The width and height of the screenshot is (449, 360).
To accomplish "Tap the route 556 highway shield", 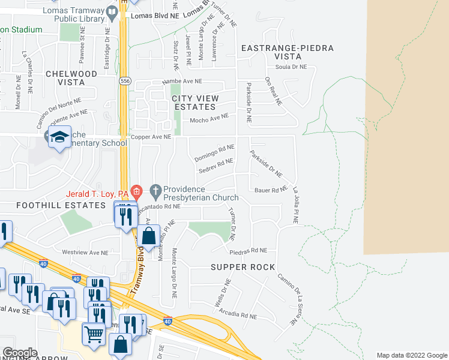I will click(x=124, y=80).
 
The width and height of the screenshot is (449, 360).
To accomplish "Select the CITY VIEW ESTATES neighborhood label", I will click(x=194, y=102).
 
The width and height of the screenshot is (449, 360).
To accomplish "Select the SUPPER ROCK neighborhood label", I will click(x=243, y=266).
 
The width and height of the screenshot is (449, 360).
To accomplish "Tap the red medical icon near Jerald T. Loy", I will click(x=136, y=193).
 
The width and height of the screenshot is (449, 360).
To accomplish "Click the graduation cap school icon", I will click(x=60, y=137).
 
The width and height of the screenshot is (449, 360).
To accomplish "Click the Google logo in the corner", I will click(x=20, y=353).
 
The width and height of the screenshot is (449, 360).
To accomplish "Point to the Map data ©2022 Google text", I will click(x=411, y=355).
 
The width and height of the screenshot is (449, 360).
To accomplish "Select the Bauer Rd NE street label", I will click(x=271, y=190).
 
